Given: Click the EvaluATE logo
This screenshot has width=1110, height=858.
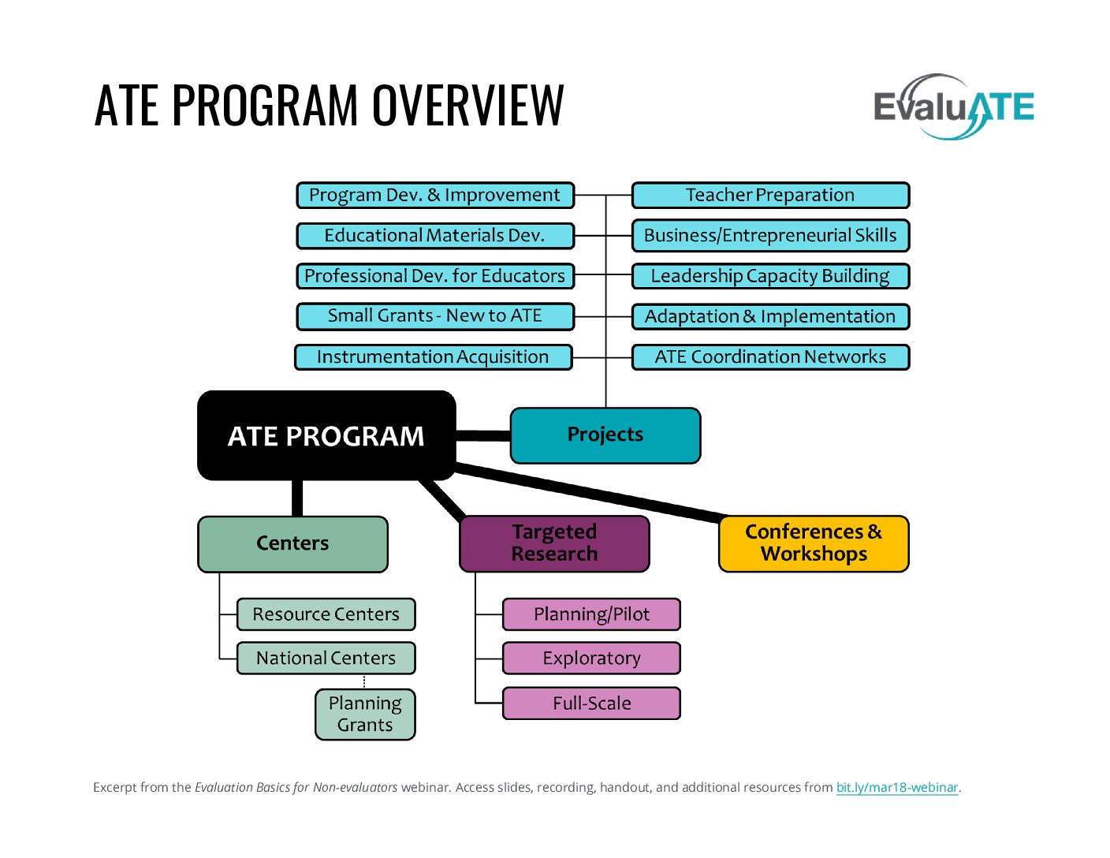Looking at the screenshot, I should pos(953,107).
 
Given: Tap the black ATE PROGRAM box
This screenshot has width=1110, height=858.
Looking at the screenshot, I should pos(326,435).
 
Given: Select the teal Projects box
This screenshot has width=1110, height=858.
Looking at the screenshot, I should pos(605,435).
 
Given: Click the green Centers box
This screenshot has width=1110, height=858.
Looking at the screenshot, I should pos(292,543).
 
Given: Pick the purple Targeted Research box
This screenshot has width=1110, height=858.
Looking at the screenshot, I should pos(554,543).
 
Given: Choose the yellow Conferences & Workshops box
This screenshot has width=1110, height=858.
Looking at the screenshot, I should pos(814,543).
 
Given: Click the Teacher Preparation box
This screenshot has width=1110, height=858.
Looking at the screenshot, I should pos(770,196).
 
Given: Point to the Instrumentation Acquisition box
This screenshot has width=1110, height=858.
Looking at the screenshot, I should pos(433,357).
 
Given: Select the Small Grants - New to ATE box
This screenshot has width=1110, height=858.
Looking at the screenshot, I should pos(434,316).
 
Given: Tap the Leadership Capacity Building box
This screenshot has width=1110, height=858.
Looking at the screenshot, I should pos(770,276).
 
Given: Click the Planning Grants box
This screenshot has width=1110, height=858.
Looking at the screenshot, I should pos(365,714).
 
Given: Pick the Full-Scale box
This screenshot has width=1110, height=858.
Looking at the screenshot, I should pos(591,703).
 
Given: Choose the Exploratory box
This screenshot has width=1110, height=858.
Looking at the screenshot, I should pos(591,658).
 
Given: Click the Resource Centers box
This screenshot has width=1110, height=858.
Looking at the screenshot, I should pos(326,614).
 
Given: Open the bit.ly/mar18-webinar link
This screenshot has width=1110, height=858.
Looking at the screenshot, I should pos(896,787).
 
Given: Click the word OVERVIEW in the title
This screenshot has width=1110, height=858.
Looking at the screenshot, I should pos(468,105).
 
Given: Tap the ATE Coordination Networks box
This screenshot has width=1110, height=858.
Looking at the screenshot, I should pos(770,357).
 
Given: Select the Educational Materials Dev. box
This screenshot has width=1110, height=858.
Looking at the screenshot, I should pos(434,236).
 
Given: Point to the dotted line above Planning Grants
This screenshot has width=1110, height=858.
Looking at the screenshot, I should pos(364,682).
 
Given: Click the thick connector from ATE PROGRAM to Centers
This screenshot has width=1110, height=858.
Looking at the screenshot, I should pos(297,498).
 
